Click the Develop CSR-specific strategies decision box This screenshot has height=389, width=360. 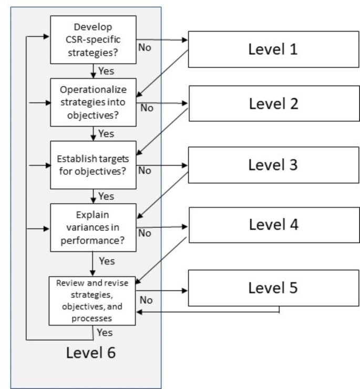[93, 39]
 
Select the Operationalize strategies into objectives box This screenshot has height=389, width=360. [93, 102]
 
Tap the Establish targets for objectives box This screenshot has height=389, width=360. [93, 164]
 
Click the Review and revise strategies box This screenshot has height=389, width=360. [93, 300]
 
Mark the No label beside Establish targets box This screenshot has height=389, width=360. [145, 170]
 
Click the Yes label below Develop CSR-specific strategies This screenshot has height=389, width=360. [106, 71]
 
